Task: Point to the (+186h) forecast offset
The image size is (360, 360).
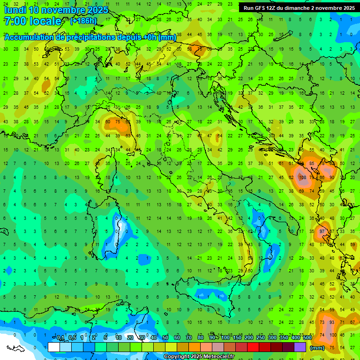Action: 83,21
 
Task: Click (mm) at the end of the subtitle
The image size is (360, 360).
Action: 167,37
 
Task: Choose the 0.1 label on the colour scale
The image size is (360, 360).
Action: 60,338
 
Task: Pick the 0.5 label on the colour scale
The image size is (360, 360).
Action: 72,338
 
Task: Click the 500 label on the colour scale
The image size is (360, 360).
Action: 307,338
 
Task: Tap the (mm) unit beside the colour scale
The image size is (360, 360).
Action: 317,348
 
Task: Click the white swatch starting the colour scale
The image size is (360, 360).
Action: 54,347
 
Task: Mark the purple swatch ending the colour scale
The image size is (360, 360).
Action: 300,347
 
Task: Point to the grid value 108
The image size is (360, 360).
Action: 302,178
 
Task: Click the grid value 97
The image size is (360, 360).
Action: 322,232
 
